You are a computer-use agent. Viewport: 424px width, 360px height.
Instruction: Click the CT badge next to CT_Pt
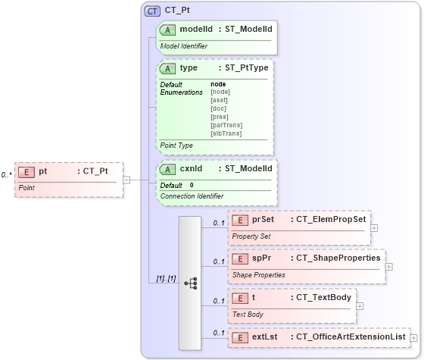pos(152,11)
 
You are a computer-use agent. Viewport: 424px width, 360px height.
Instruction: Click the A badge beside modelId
pos(167,29)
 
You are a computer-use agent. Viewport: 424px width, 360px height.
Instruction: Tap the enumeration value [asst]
pos(219,100)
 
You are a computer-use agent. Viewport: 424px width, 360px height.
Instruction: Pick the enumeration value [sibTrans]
pos(226,133)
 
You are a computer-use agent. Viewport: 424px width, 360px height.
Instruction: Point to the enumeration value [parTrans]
pos(226,125)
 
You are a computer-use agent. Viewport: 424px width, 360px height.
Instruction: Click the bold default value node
pos(218,84)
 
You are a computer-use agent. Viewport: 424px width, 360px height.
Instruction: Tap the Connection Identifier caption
pos(192,196)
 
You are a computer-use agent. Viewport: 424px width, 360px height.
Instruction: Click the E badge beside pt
pos(26,171)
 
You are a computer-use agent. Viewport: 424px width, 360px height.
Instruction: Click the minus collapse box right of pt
pos(127,180)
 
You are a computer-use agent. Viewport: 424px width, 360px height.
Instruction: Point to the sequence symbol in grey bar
pos(190,283)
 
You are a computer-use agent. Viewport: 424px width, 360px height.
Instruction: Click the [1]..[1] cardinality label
pos(166,278)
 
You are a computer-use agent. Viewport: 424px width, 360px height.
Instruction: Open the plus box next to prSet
pos(374,227)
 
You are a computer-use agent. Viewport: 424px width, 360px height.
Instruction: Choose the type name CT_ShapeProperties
pos(338,258)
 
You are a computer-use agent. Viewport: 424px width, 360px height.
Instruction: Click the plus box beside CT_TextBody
pos(360,306)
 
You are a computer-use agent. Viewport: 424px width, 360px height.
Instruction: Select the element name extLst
pos(264,337)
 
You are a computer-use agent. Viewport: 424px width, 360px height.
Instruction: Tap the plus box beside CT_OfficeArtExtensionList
pos(413,337)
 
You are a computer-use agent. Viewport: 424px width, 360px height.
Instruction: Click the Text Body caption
pos(248,314)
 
